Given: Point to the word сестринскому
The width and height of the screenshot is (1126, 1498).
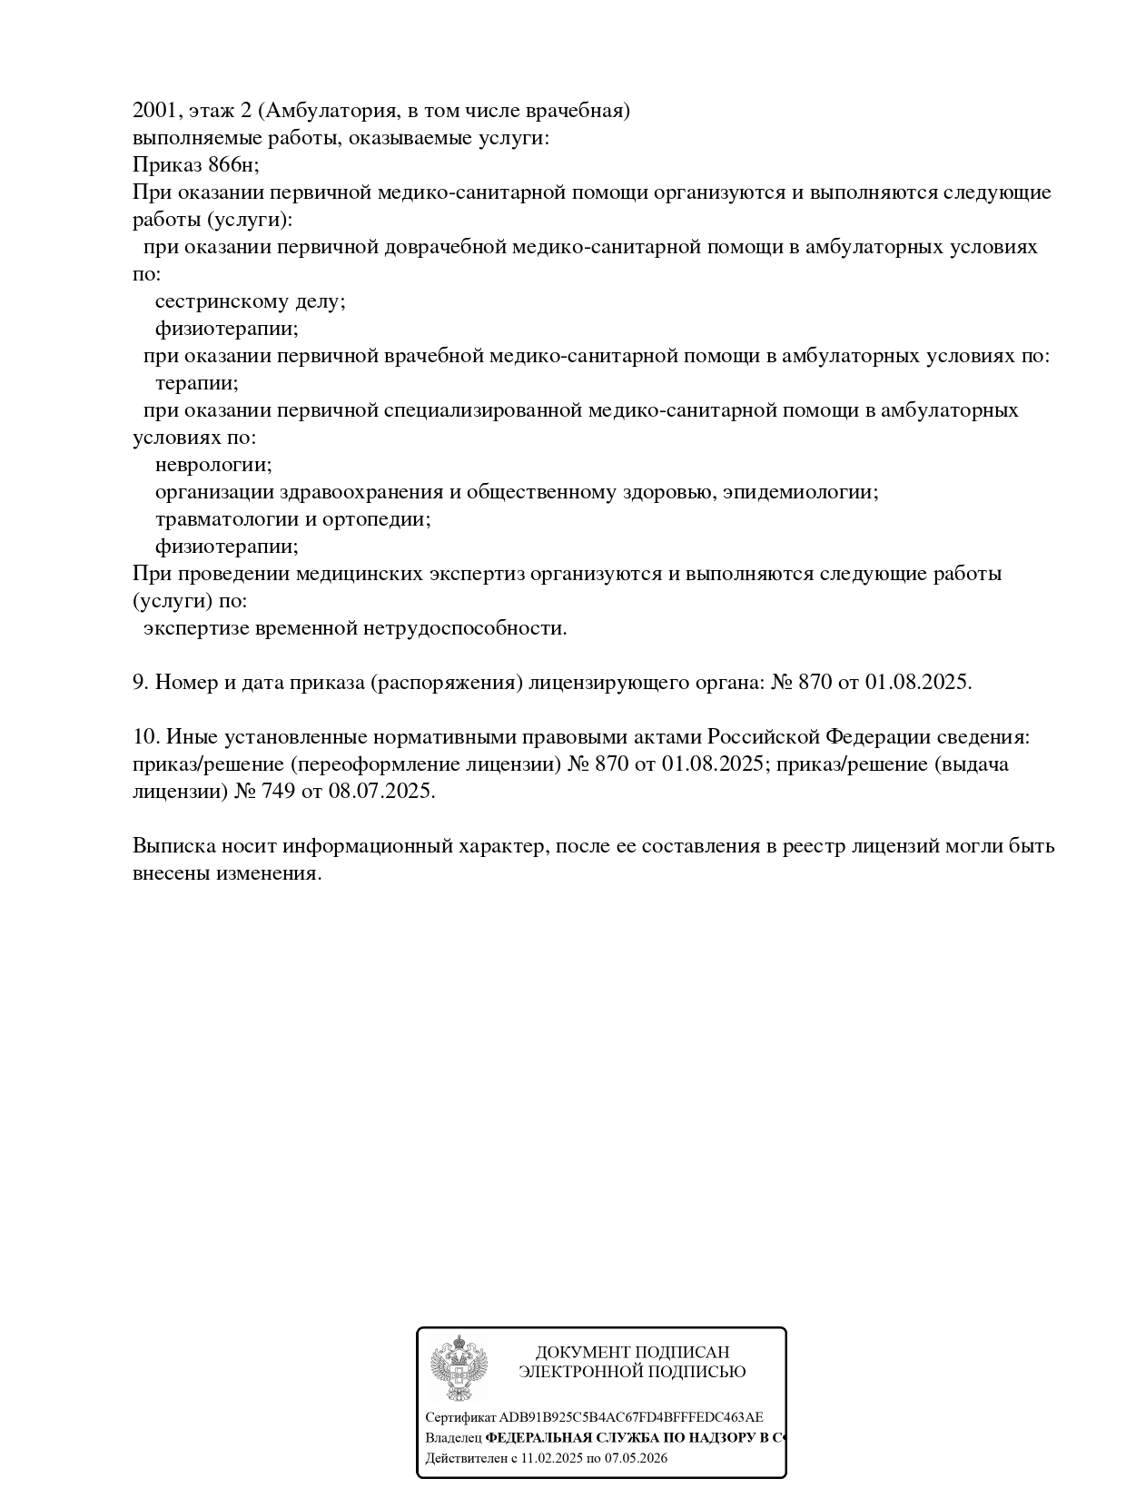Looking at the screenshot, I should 222,301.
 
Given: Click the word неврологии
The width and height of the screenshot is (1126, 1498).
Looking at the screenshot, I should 212,465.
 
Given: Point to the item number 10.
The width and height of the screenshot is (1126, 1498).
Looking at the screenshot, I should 145,737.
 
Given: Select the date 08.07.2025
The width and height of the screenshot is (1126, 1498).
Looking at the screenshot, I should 381,792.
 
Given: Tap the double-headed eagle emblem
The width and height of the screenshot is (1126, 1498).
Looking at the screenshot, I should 459,1368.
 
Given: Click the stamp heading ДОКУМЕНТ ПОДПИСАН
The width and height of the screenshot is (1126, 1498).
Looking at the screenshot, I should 632,1353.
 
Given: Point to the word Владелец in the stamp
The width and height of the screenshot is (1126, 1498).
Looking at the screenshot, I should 453,1438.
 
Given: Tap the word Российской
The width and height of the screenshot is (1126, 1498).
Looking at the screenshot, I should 763,737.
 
